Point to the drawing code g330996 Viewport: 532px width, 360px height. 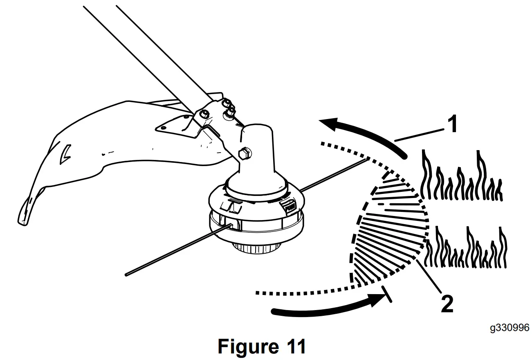[x=510, y=328]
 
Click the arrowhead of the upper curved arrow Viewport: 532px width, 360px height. [x=327, y=122]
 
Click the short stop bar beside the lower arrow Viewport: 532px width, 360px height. [x=386, y=295]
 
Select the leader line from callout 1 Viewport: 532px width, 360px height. [x=420, y=135]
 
